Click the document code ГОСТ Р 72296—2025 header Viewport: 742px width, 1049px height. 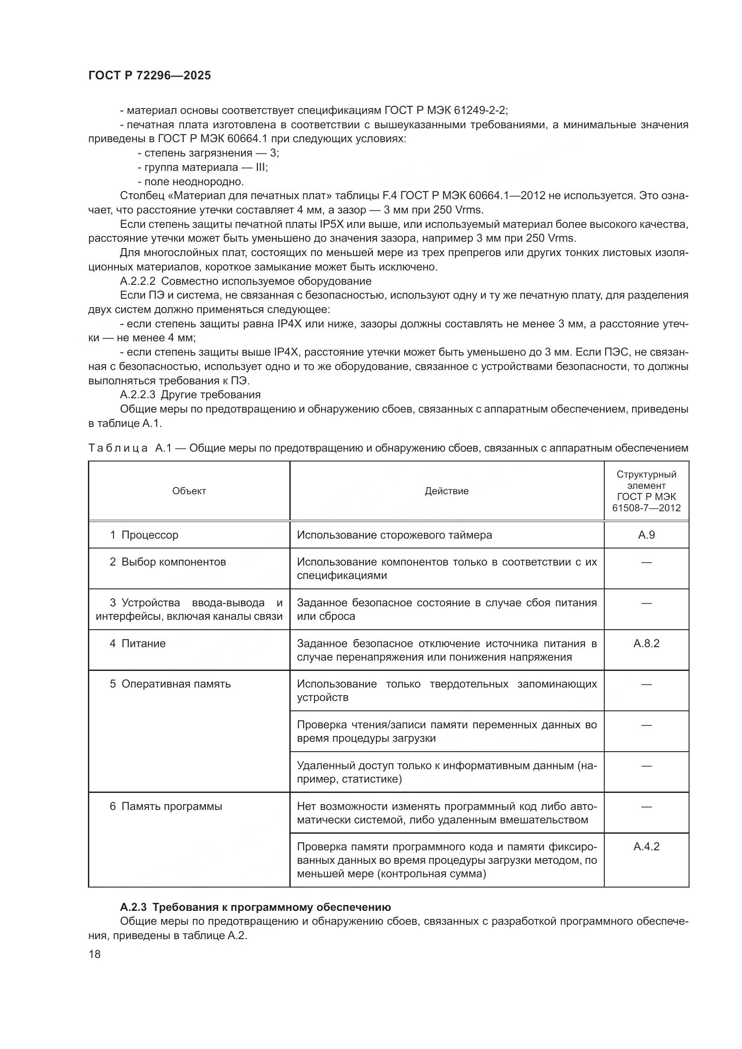[150, 76]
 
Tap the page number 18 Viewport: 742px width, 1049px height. [95, 954]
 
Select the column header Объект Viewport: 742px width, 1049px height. [189, 491]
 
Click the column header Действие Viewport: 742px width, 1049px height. [446, 491]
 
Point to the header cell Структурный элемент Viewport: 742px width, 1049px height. [646, 480]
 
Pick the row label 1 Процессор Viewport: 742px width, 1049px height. [144, 535]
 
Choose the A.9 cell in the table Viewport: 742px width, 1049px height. [646, 535]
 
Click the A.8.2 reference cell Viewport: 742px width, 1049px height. [646, 644]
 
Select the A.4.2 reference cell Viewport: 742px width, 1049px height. [646, 847]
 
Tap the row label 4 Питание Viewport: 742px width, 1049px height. [138, 644]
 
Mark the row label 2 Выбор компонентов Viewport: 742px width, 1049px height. [168, 562]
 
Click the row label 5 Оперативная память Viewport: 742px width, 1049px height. [170, 684]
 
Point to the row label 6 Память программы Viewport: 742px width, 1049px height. [166, 806]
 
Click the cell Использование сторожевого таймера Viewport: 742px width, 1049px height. [394, 535]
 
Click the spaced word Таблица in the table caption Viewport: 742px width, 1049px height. [118, 448]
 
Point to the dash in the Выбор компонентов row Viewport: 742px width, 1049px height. [646, 562]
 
